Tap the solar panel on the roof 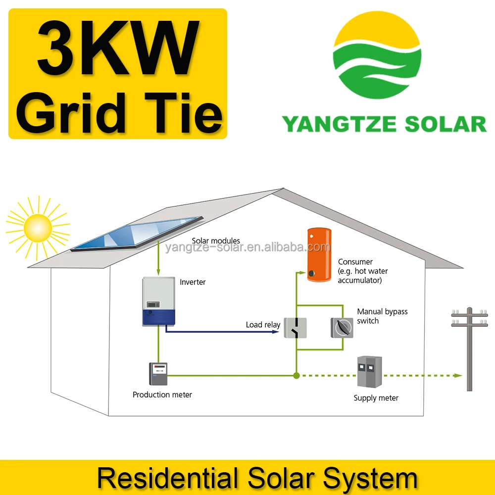[x=138, y=234]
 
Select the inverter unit [x=158, y=301]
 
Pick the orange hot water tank [x=318, y=254]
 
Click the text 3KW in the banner [x=118, y=48]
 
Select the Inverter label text [x=193, y=282]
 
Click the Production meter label [x=162, y=395]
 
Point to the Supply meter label [x=376, y=398]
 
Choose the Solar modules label [x=216, y=241]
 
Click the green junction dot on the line [x=296, y=376]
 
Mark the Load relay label [x=263, y=325]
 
